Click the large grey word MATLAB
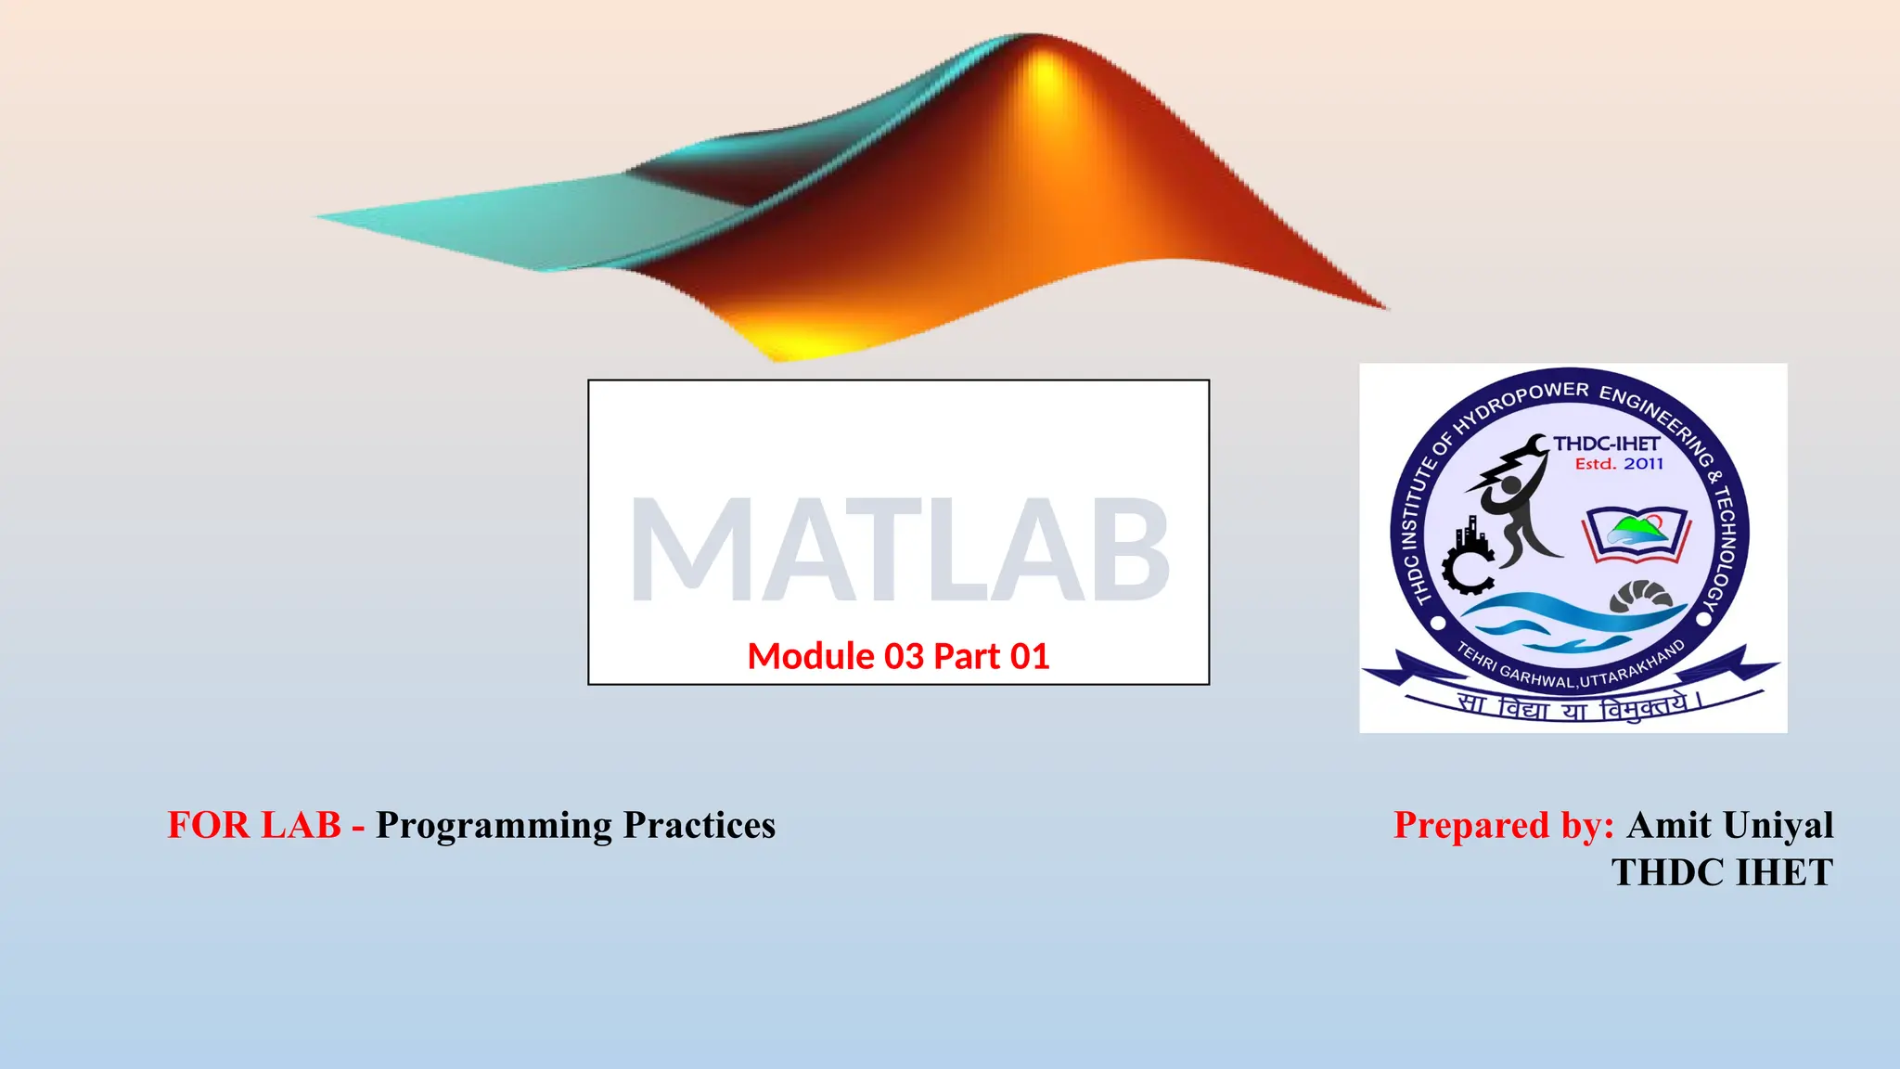tap(898, 549)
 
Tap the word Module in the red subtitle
tap(810, 657)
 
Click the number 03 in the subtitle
tap(904, 657)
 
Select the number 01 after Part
tap(1029, 657)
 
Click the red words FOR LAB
tap(253, 825)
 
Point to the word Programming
tap(494, 825)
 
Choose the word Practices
tap(699, 825)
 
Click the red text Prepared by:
tap(1503, 825)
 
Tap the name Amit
tap(1669, 825)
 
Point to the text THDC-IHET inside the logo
tap(1607, 444)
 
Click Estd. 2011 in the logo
tap(1619, 464)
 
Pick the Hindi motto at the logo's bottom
tap(1577, 707)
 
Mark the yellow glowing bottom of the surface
tap(798, 343)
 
